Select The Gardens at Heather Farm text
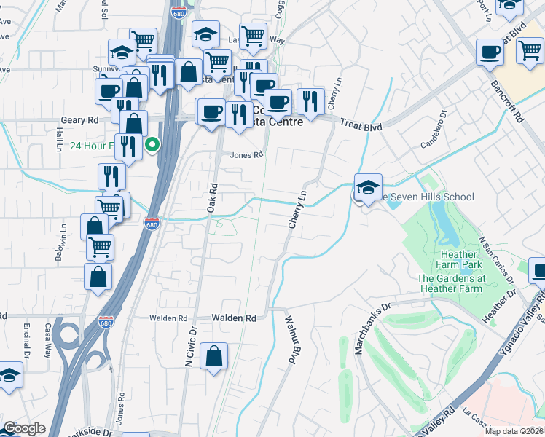pyautogui.click(x=451, y=284)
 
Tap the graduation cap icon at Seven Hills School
pyautogui.click(x=368, y=187)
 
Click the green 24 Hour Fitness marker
pyautogui.click(x=152, y=144)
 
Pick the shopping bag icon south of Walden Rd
pyautogui.click(x=213, y=357)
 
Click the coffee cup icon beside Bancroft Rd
pyautogui.click(x=490, y=52)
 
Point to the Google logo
pyautogui.click(x=25, y=428)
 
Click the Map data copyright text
pyautogui.click(x=514, y=431)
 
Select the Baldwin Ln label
pyautogui.click(x=63, y=235)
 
